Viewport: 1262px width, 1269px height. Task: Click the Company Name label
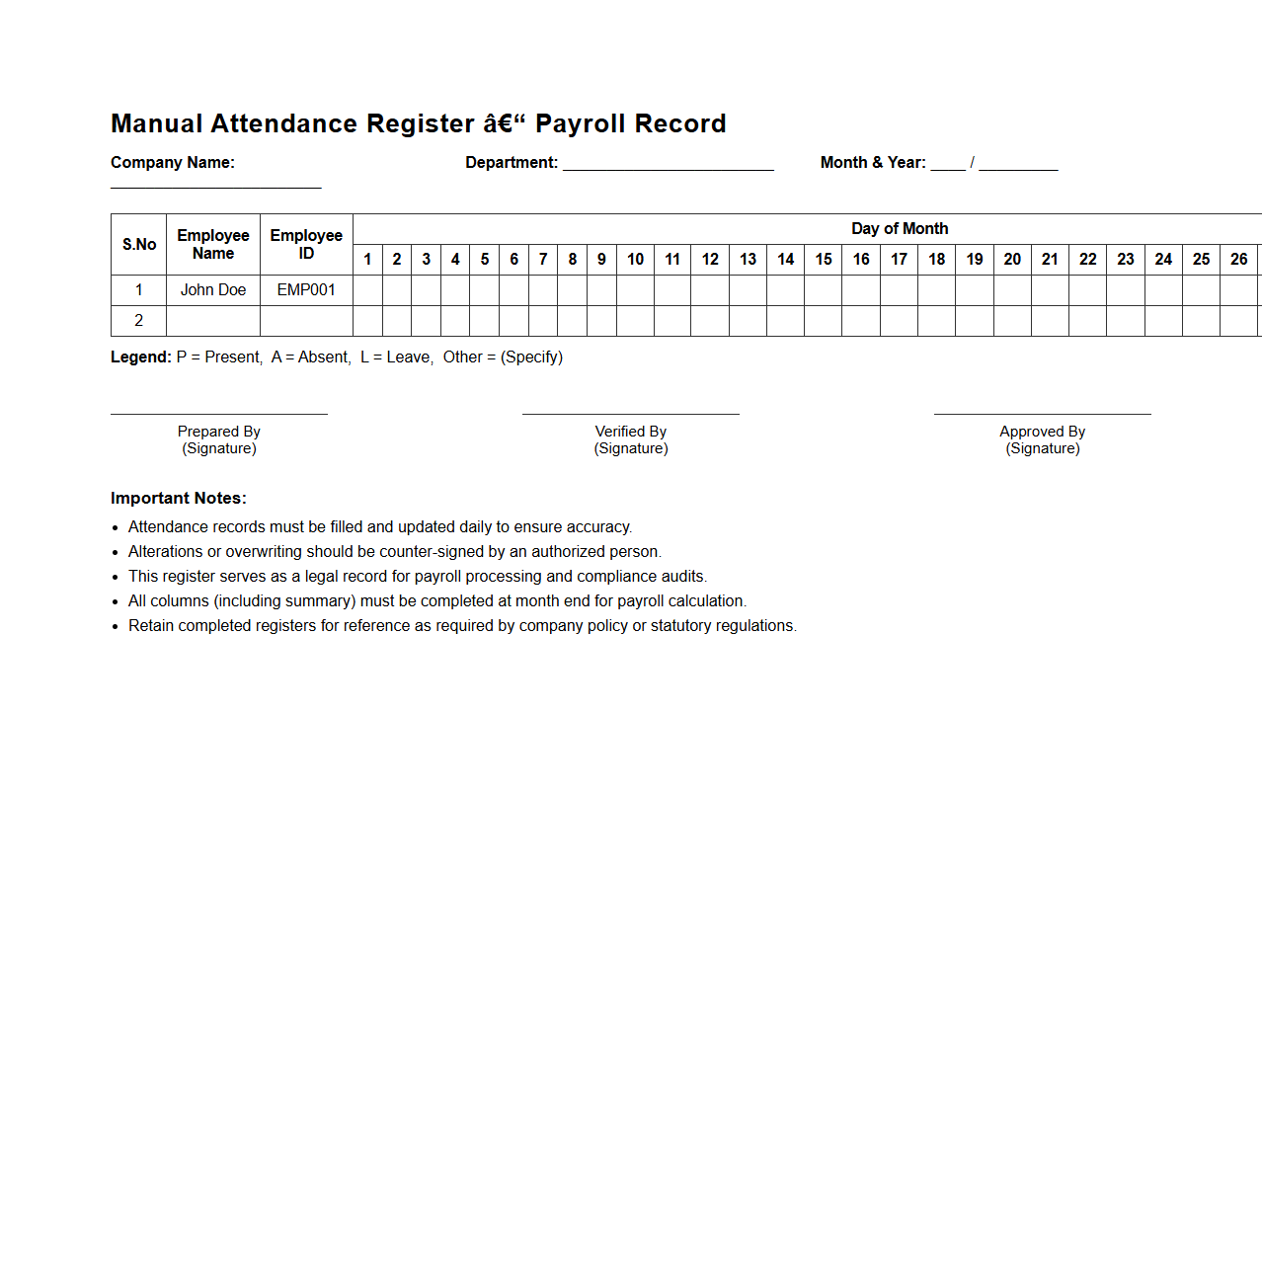(173, 163)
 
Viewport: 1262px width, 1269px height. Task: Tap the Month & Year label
(873, 163)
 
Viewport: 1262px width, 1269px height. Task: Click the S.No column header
(139, 244)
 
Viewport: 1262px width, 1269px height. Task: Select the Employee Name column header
(213, 244)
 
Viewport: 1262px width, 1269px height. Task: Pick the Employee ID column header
(306, 244)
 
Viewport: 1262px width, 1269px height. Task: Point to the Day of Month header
(900, 229)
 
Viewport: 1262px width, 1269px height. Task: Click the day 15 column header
(824, 260)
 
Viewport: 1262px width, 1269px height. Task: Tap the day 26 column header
(1238, 260)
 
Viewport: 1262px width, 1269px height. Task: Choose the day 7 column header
(543, 260)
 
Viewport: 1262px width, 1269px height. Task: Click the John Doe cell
(213, 290)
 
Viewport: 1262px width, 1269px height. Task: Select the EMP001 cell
(306, 290)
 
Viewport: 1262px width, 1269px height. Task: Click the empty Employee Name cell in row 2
(213, 321)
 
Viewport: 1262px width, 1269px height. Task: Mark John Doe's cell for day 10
(635, 290)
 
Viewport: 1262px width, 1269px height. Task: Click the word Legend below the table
(141, 357)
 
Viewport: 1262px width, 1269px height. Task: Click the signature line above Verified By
(631, 414)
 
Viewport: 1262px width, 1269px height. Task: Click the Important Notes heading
(179, 499)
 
